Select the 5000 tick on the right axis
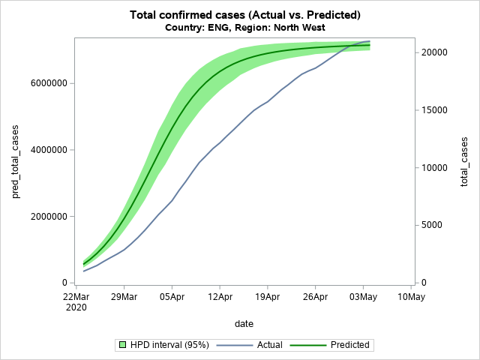430,225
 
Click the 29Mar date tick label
124,297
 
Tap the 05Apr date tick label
172,297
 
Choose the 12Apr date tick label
220,297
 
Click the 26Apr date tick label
315,297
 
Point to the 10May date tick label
411,297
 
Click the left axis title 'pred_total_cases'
16,163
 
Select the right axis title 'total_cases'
464,162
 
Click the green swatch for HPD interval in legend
120,345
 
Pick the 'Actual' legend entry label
269,345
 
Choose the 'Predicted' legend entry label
349,345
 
